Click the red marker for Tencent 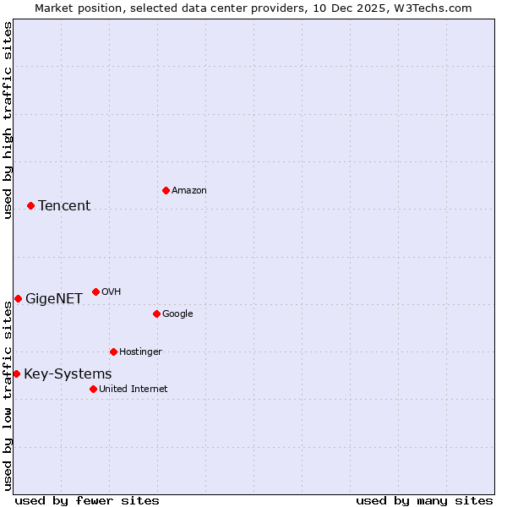[30, 205]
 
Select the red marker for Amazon [166, 190]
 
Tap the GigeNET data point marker [18, 298]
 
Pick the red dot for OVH [95, 292]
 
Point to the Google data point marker [156, 313]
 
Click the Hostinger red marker [113, 352]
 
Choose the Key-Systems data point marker [16, 373]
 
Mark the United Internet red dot [93, 389]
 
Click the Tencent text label [64, 205]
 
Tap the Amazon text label [188, 190]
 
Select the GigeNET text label [54, 298]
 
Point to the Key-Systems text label [68, 373]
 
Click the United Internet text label [133, 389]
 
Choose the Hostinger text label [140, 352]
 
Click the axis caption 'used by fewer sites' [87, 500]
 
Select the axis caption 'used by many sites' [424, 500]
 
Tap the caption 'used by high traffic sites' [8, 121]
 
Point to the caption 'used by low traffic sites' [8, 395]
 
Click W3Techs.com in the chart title [434, 8]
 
